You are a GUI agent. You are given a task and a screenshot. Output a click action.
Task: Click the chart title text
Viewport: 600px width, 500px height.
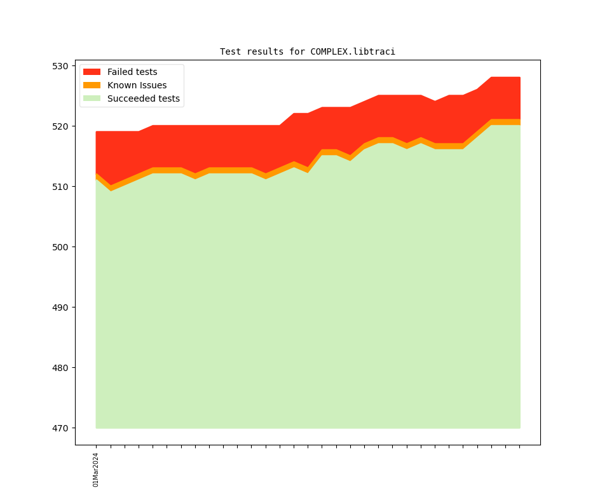pos(308,51)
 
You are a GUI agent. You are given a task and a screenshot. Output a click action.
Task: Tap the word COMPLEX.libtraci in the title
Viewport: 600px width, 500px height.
pos(353,51)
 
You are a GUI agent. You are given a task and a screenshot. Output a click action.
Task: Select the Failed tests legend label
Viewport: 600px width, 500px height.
pos(132,72)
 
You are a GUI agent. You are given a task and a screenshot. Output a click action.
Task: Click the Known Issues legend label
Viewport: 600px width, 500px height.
pos(137,86)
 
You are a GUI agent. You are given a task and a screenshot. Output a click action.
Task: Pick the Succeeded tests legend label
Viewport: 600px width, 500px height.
pos(143,99)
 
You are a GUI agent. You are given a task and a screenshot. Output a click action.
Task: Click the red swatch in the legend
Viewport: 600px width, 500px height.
pos(92,72)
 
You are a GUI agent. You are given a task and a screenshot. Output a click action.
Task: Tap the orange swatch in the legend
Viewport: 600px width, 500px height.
pos(92,86)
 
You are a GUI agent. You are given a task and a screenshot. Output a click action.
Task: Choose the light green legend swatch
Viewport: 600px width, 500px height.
pos(92,99)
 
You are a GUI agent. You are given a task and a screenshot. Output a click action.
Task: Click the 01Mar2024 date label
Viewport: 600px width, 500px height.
pos(96,470)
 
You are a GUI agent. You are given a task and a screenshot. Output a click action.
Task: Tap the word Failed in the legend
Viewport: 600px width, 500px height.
pos(119,72)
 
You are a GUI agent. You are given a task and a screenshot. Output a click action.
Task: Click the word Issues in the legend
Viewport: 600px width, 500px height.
pos(153,86)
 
